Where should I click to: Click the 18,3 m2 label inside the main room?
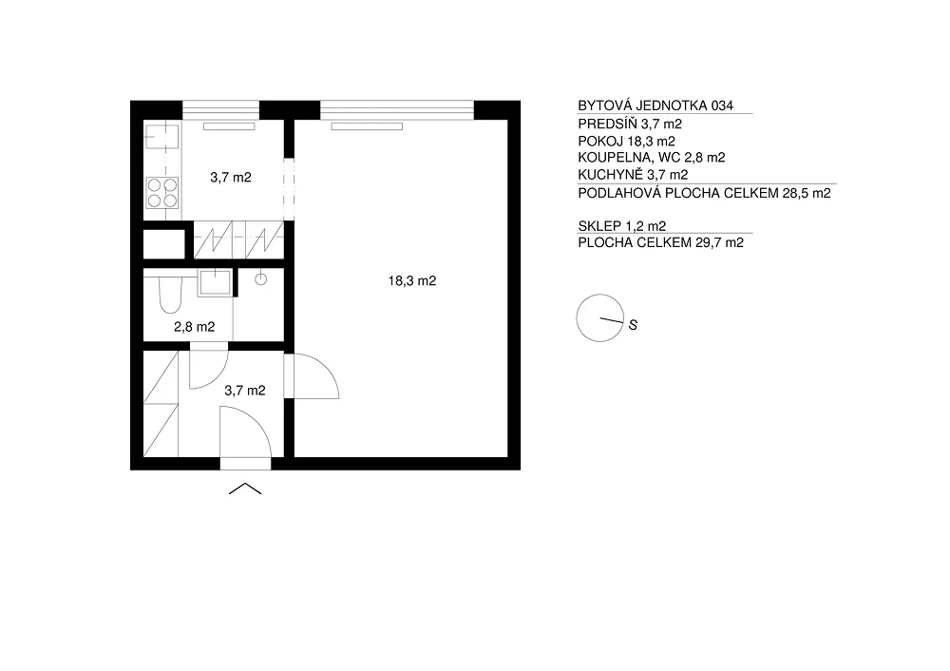pyautogui.click(x=412, y=280)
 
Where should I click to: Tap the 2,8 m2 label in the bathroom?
pyautogui.click(x=194, y=327)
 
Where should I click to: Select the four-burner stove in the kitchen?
pyautogui.click(x=162, y=193)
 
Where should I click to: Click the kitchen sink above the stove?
pyautogui.click(x=161, y=136)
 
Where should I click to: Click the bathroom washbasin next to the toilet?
pyautogui.click(x=215, y=282)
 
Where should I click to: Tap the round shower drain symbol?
pyautogui.click(x=260, y=278)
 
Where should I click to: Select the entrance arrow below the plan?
pyautogui.click(x=245, y=489)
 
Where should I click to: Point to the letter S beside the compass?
pyautogui.click(x=633, y=325)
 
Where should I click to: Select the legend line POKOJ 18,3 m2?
pyautogui.click(x=626, y=142)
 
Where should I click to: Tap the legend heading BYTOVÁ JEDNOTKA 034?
pyautogui.click(x=655, y=105)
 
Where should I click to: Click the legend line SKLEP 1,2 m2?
pyautogui.click(x=621, y=226)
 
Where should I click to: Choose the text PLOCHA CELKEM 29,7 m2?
pyautogui.click(x=660, y=242)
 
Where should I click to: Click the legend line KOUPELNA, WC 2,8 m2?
pyautogui.click(x=652, y=158)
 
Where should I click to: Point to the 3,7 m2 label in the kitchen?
pyautogui.click(x=230, y=178)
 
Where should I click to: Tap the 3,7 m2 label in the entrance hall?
pyautogui.click(x=245, y=391)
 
